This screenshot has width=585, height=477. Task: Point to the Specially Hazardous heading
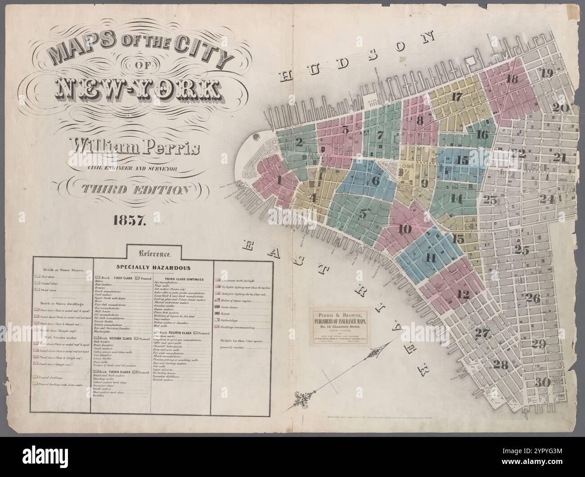(x=154, y=267)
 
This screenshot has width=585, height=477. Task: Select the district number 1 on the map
(x=280, y=181)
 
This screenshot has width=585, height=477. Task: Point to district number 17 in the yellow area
(x=456, y=96)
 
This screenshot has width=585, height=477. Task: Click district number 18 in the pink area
(x=512, y=79)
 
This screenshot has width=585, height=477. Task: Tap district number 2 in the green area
(x=299, y=143)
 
